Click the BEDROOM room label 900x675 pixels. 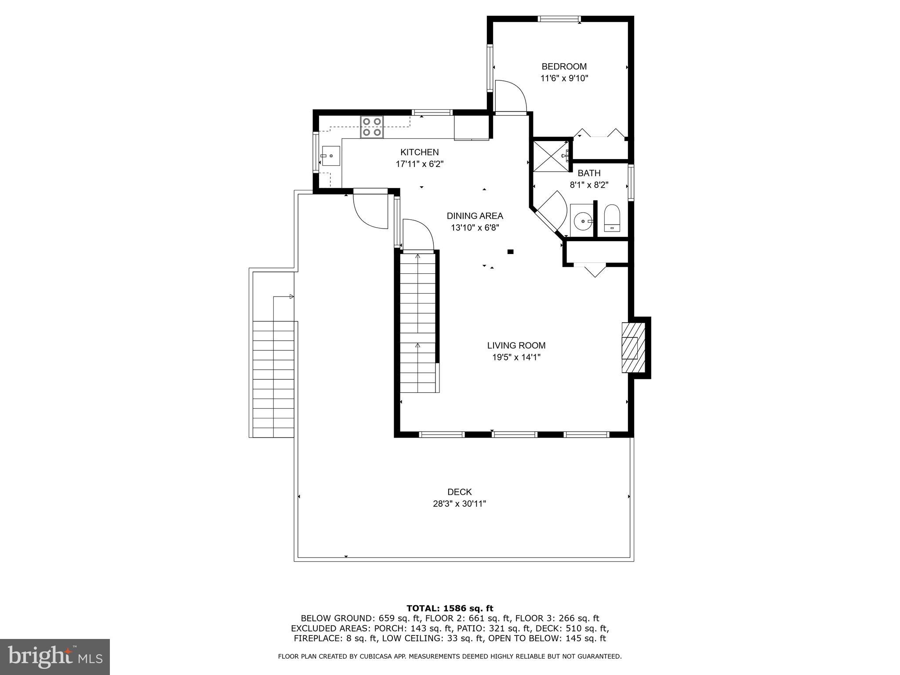tap(564, 67)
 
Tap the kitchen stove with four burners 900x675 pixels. tap(372, 127)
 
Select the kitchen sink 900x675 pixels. tap(331, 156)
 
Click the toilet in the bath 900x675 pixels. tap(612, 219)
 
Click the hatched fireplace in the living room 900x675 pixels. tap(633, 348)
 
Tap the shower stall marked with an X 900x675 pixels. tap(551, 156)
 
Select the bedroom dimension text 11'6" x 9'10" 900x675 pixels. tap(564, 79)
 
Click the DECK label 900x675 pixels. tap(460, 492)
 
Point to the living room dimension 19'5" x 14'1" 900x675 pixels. tap(516, 358)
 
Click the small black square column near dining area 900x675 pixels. tap(511, 252)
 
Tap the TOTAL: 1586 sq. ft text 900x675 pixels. tap(450, 609)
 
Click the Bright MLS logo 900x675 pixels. tap(55, 657)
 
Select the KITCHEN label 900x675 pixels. tap(419, 152)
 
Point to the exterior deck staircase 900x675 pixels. tap(273, 379)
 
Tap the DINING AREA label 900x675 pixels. tap(475, 216)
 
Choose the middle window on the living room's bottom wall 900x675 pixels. tap(514, 435)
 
